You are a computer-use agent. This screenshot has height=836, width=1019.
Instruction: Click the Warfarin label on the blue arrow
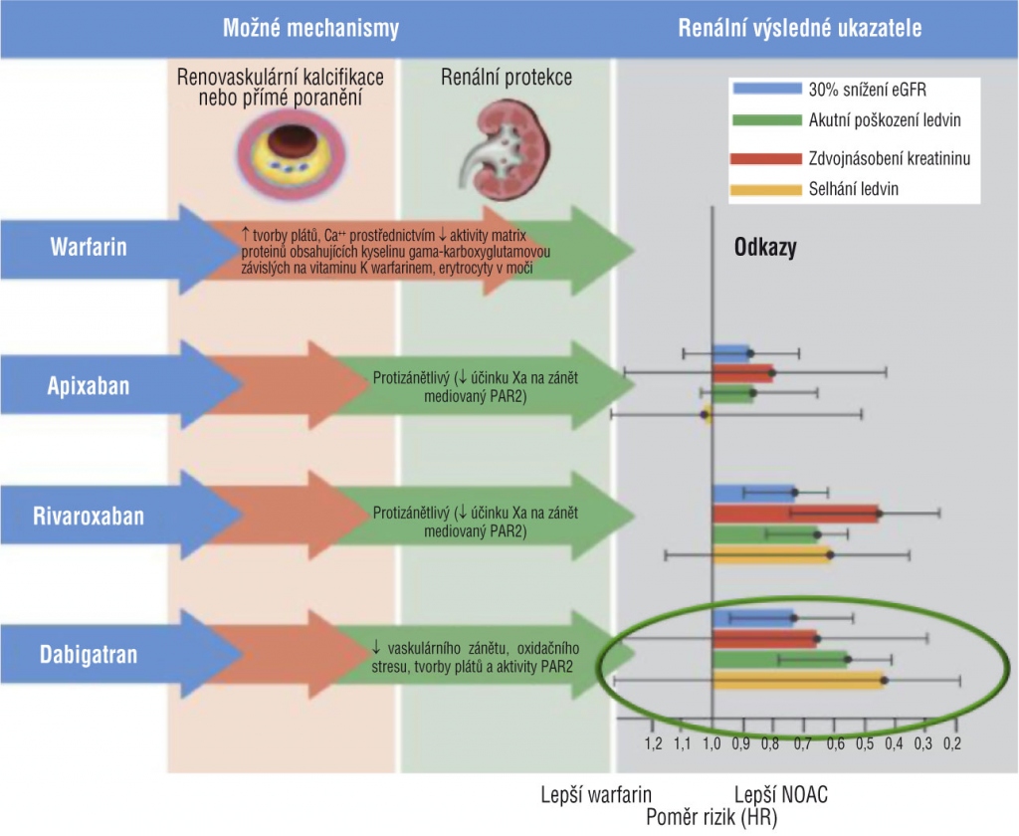coord(89,246)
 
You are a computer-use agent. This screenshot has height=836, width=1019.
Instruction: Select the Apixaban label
coord(90,384)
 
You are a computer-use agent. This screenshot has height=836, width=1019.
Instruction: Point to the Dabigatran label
coord(89,654)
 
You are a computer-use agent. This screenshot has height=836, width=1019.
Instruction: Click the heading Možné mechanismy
coord(310,28)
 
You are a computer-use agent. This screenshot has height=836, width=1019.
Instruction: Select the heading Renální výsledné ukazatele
coord(799,28)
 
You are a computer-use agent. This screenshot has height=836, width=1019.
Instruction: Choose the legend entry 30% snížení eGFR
coord(865,88)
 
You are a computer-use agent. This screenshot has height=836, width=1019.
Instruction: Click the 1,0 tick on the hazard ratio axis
coord(712,742)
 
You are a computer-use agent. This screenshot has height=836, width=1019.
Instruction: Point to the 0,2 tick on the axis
coord(952,742)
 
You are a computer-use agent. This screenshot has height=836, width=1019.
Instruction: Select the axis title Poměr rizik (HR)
coord(712,816)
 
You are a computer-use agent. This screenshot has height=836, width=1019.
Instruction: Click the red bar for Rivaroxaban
coord(795,514)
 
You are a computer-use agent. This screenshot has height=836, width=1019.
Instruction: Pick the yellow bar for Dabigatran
coord(797,681)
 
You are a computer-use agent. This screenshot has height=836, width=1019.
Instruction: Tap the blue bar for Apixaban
coord(730,352)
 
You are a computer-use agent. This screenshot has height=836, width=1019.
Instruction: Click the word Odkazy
coord(764,248)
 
